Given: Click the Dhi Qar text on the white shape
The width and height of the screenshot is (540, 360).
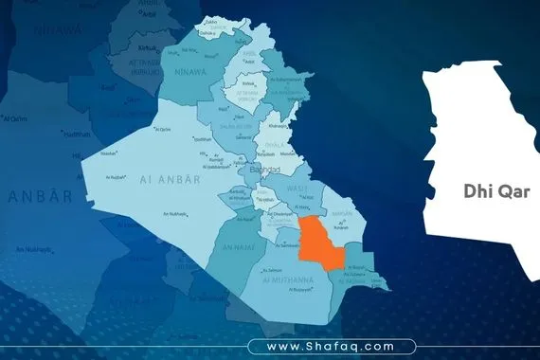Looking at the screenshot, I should coord(496,190).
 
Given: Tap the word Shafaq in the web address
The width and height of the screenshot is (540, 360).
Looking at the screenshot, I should coord(335,347).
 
